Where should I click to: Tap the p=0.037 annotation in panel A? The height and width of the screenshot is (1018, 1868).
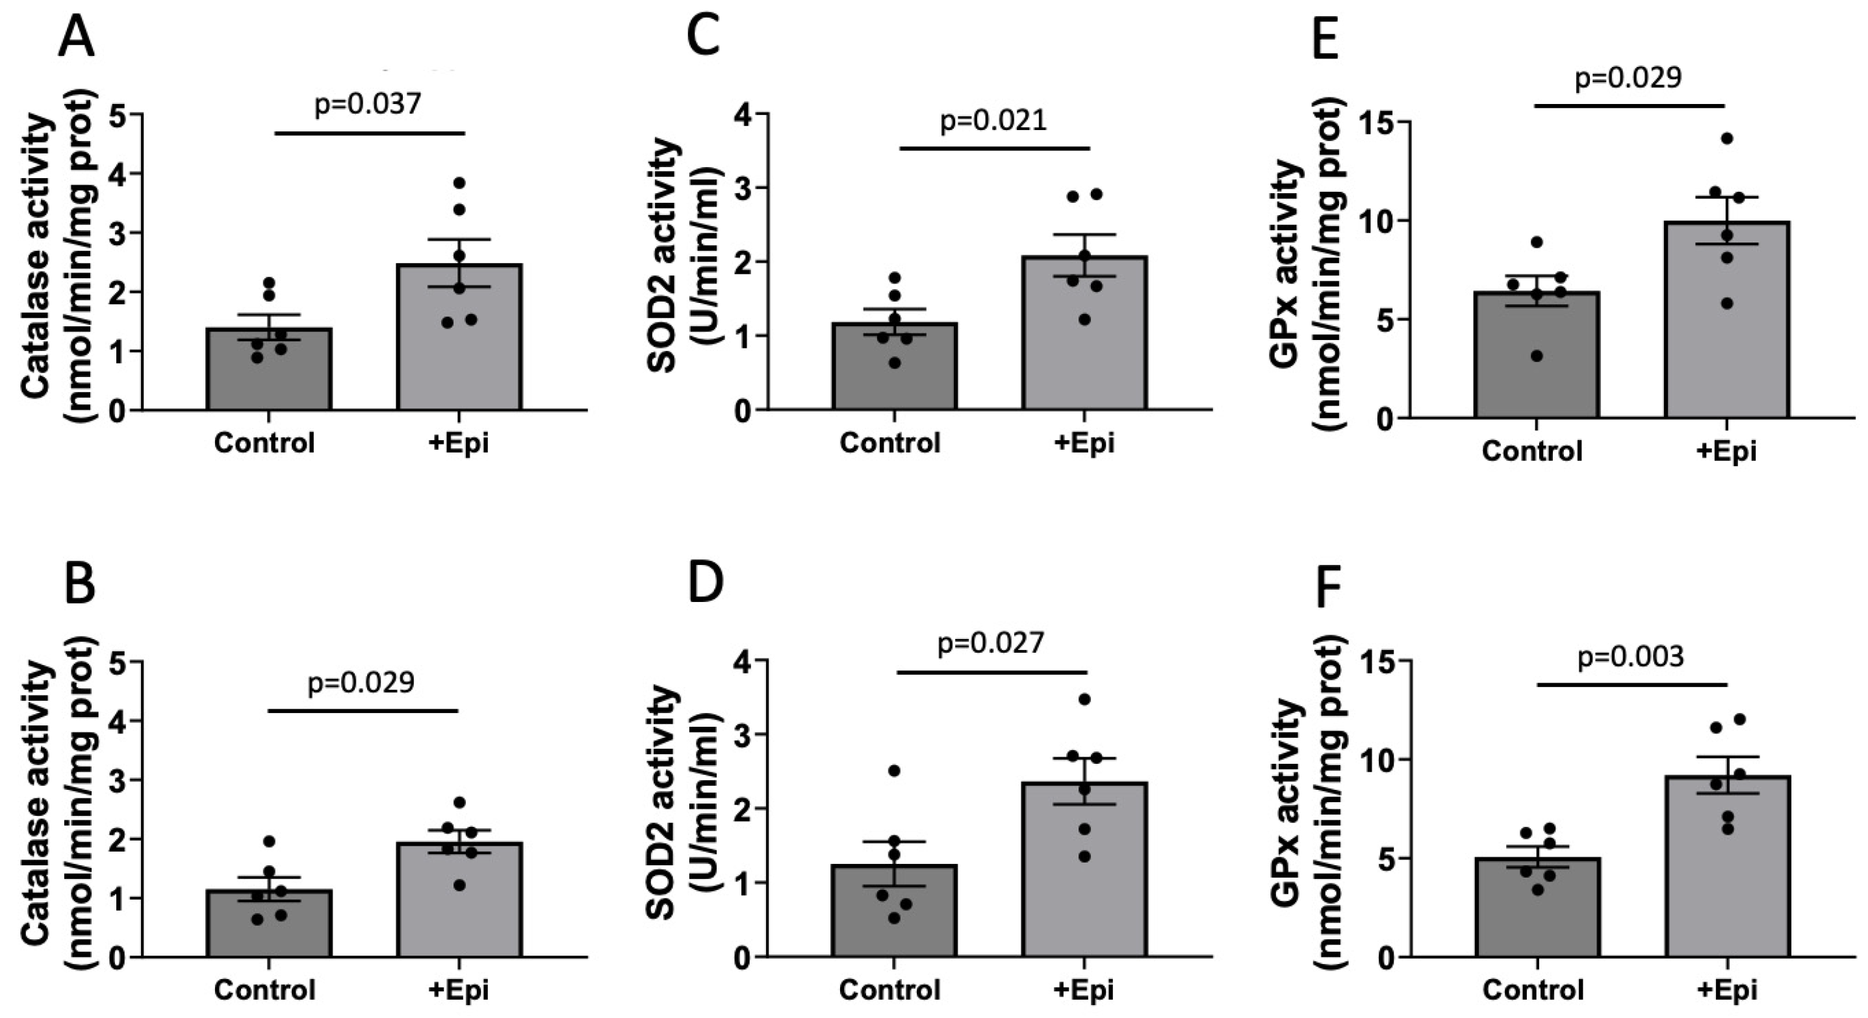(368, 104)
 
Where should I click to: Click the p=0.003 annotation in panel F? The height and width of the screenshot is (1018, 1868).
(1631, 657)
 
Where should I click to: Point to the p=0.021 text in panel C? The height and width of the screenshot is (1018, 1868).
(993, 120)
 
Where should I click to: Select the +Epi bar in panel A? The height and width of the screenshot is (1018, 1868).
(458, 341)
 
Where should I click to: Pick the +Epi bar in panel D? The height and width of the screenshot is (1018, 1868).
(1084, 870)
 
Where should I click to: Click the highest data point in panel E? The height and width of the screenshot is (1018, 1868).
(1726, 138)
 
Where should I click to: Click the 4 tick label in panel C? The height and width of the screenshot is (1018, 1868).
(741, 114)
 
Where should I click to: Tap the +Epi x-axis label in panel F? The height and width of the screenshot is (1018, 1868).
(1726, 989)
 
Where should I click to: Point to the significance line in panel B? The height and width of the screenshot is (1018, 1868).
(363, 711)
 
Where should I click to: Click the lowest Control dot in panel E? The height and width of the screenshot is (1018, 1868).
(1536, 356)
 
